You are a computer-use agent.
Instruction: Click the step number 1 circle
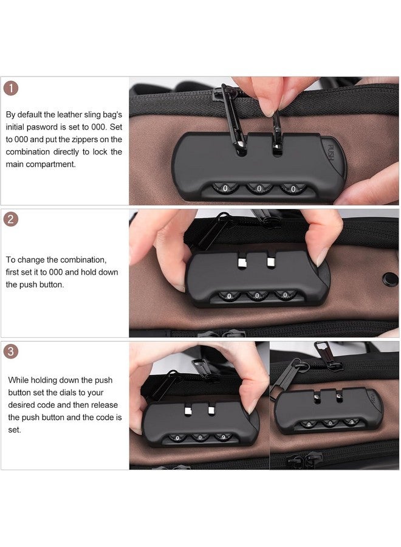pyautogui.click(x=11, y=88)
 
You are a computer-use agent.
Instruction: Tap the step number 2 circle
pyautogui.click(x=10, y=219)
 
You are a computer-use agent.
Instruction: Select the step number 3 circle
pyautogui.click(x=10, y=351)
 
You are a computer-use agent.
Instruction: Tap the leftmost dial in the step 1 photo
pyautogui.click(x=225, y=188)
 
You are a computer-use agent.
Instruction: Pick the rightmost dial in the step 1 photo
pyautogui.click(x=293, y=189)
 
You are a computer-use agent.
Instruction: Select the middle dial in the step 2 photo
pyautogui.click(x=257, y=296)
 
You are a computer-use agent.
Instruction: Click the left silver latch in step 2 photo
pyautogui.click(x=241, y=263)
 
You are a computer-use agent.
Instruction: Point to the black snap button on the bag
pyautogui.click(x=390, y=280)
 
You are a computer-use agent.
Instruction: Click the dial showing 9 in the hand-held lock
pyautogui.click(x=223, y=437)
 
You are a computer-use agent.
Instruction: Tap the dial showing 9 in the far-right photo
pyautogui.click(x=351, y=422)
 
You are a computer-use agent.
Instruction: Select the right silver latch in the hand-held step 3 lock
pyautogui.click(x=211, y=410)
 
